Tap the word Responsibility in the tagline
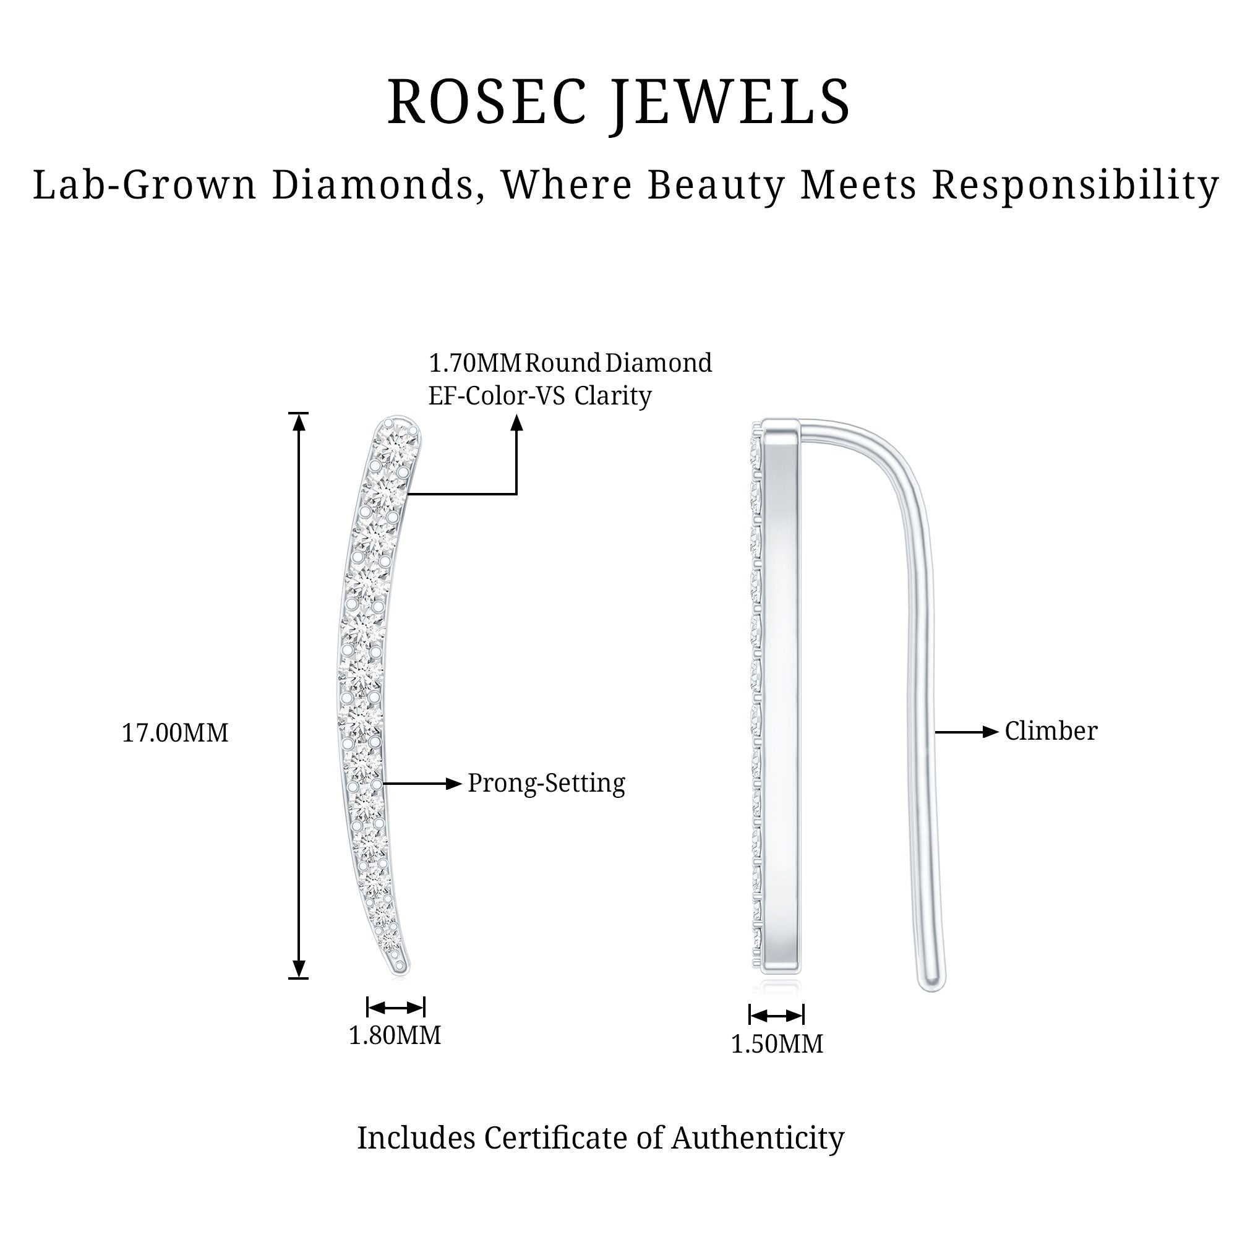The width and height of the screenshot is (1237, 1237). click(x=1075, y=186)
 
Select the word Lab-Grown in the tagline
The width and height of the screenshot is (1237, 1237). click(x=145, y=186)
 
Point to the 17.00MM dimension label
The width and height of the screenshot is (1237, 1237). click(x=175, y=733)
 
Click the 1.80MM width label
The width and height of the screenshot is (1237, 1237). click(x=395, y=1035)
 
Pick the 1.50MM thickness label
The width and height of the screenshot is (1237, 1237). click(x=777, y=1044)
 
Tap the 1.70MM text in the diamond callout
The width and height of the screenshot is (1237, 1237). click(x=474, y=364)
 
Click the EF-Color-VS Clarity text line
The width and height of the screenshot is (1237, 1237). click(x=539, y=396)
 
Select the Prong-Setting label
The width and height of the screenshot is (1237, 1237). click(x=546, y=783)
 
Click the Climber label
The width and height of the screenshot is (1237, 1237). click(x=1051, y=731)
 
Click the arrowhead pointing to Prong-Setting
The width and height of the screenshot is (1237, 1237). click(x=454, y=784)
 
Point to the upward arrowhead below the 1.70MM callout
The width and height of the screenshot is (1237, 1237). click(x=516, y=422)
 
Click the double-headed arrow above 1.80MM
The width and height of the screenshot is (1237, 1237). click(x=396, y=1008)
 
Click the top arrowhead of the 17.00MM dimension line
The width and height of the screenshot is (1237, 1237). click(x=299, y=422)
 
